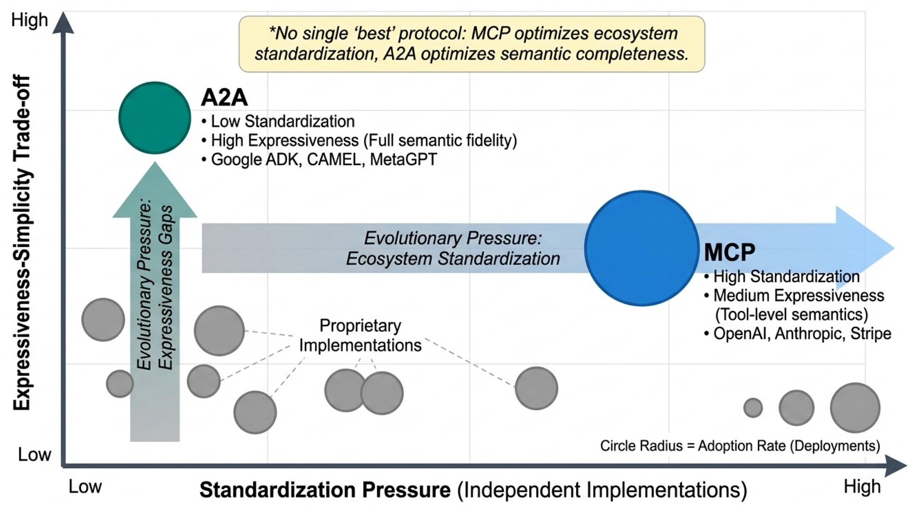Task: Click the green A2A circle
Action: tap(155, 118)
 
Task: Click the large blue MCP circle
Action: tap(641, 248)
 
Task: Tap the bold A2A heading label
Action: tap(224, 97)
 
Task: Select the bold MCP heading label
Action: tap(729, 253)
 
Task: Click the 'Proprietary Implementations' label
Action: tap(360, 336)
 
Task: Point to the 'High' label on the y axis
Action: tap(29, 20)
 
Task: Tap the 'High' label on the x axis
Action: tap(862, 486)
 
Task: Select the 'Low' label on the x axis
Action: tap(85, 487)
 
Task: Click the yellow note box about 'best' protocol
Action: tap(471, 44)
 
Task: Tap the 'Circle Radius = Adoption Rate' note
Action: tap(740, 446)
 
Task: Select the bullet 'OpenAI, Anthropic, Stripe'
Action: tap(797, 334)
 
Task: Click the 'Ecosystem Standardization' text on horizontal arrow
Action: tap(453, 258)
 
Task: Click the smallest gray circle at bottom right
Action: tap(753, 408)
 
